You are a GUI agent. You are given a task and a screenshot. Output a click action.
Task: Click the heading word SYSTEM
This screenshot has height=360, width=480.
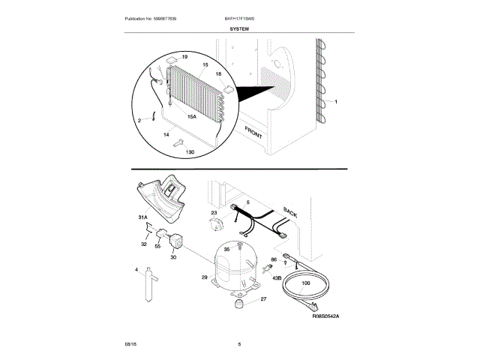click(x=240, y=28)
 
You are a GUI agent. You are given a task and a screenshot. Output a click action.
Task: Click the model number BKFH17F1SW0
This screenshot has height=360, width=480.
click(x=240, y=16)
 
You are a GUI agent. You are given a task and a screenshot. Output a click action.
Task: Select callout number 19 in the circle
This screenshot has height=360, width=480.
click(x=184, y=57)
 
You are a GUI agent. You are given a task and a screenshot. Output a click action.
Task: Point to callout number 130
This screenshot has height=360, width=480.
click(x=189, y=152)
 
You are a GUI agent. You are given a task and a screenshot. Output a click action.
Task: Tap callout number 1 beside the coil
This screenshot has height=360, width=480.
click(x=336, y=101)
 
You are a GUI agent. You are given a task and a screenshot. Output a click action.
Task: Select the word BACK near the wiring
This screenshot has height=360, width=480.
click(x=289, y=211)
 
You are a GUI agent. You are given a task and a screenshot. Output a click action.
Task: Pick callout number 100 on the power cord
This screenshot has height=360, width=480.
click(x=305, y=282)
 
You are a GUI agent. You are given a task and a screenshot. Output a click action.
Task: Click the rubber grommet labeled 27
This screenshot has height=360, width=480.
click(x=241, y=302)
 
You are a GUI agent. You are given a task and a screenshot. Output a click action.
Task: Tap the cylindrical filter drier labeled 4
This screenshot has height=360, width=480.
click(x=148, y=286)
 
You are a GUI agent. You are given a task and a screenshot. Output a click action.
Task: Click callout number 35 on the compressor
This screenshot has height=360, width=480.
click(x=226, y=249)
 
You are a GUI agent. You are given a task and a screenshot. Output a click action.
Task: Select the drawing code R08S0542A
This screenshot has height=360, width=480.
click(x=325, y=317)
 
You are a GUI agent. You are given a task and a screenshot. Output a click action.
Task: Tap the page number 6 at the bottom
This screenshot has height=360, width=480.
click(x=239, y=344)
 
